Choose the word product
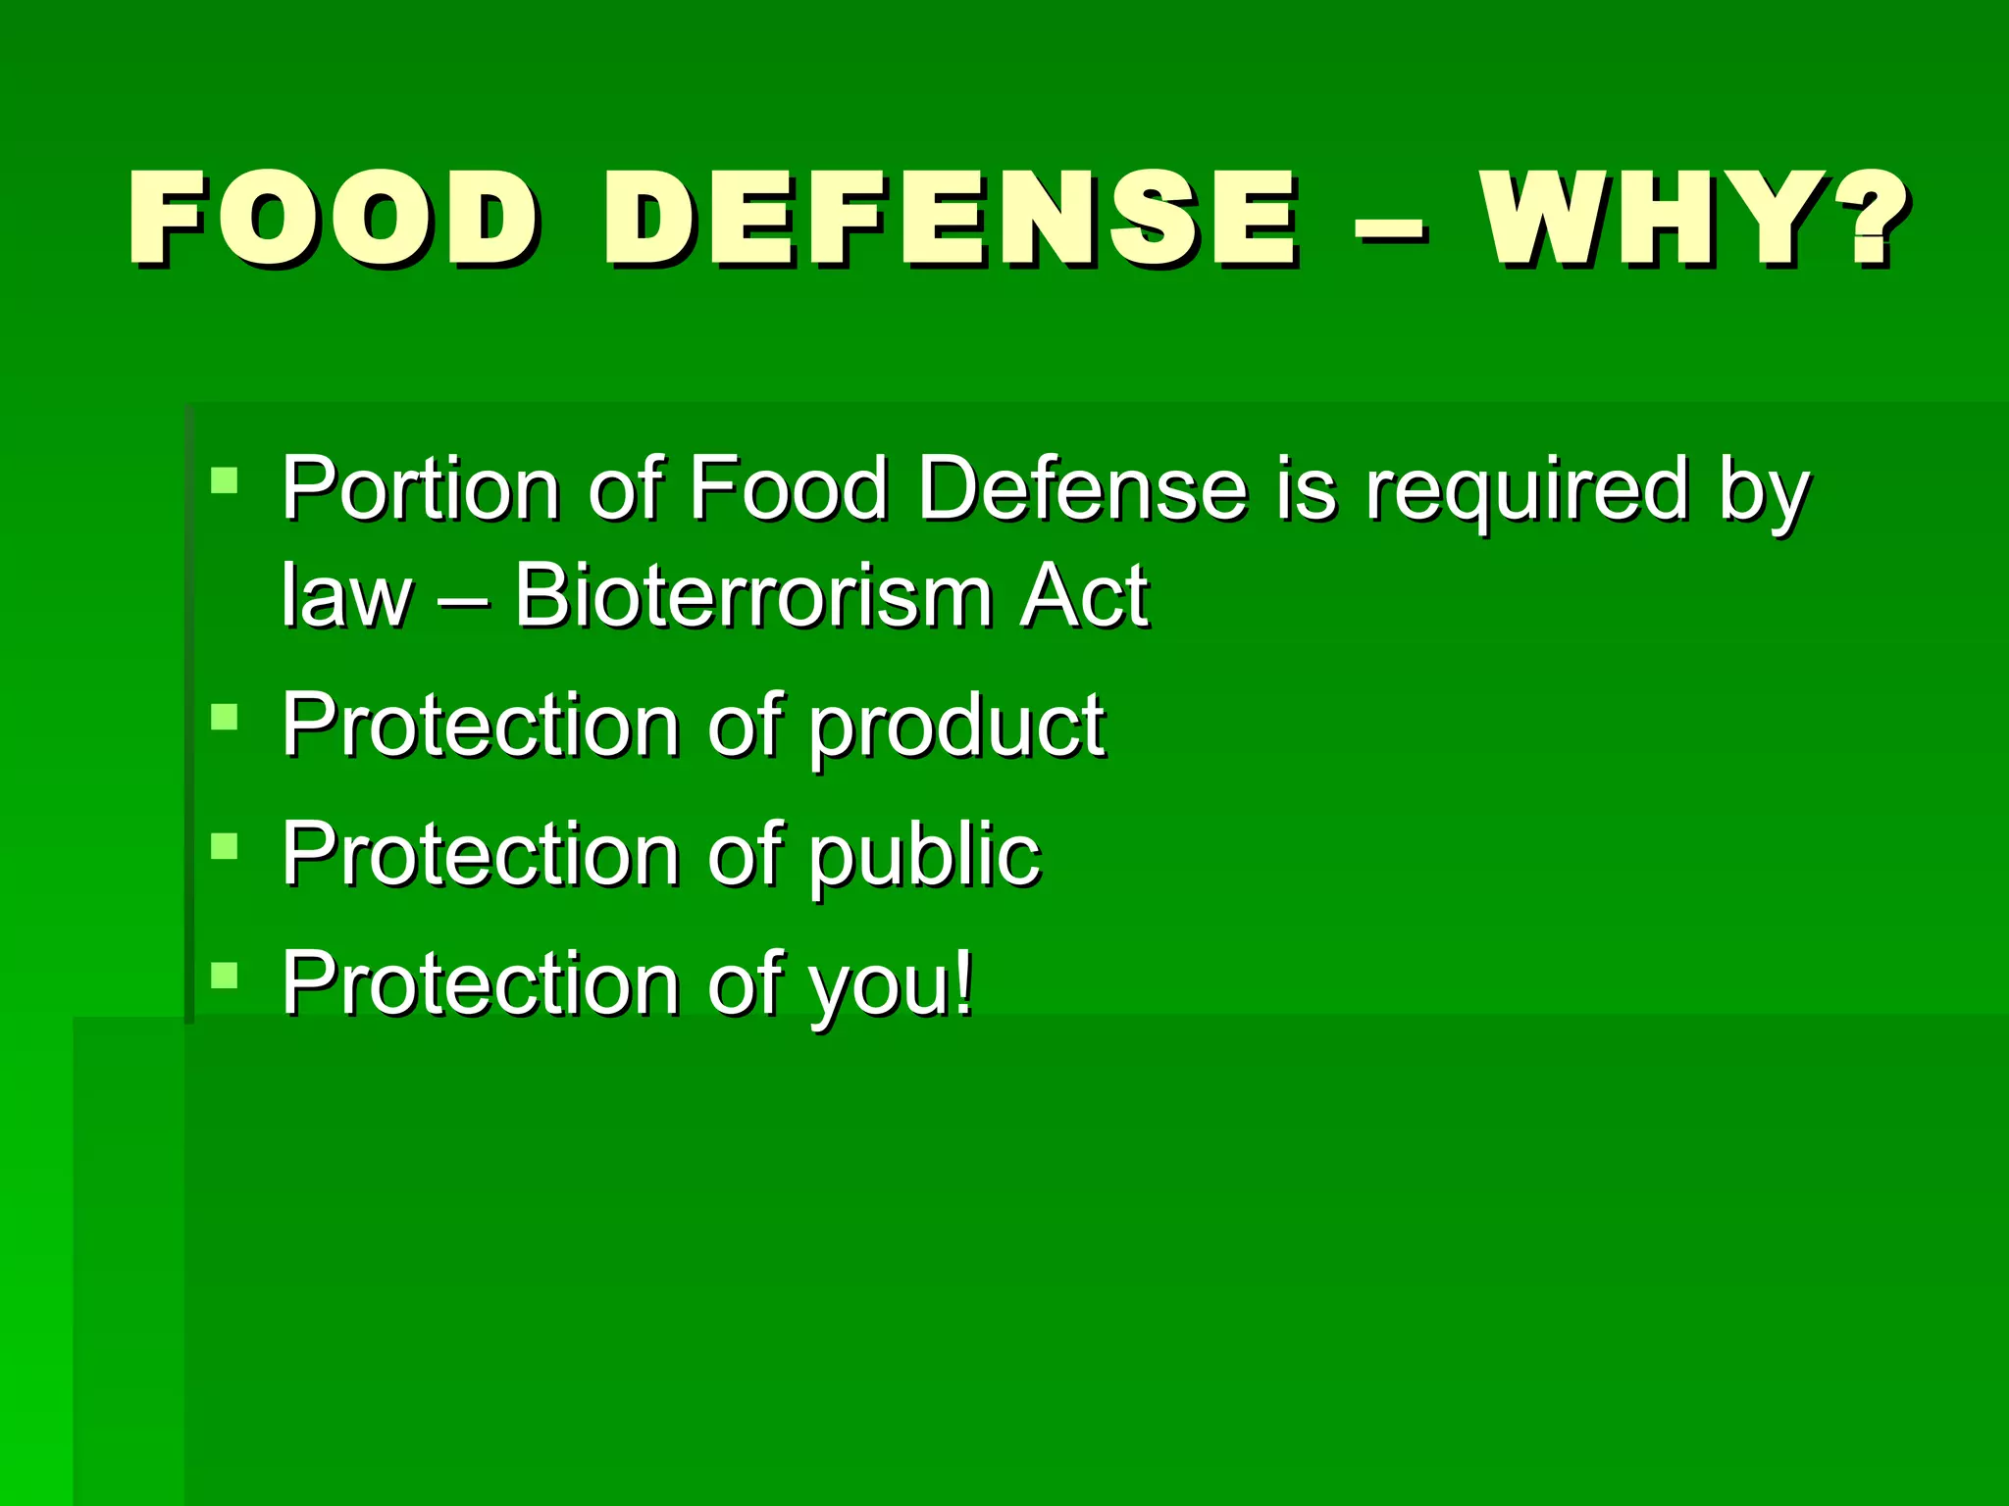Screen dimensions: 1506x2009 click(x=957, y=728)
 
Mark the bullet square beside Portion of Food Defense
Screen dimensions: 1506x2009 click(x=224, y=479)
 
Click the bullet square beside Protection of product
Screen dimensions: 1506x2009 click(x=224, y=718)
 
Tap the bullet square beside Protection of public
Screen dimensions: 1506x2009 click(x=224, y=845)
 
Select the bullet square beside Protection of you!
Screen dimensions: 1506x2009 click(x=224, y=975)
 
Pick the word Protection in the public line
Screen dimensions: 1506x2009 click(x=481, y=855)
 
